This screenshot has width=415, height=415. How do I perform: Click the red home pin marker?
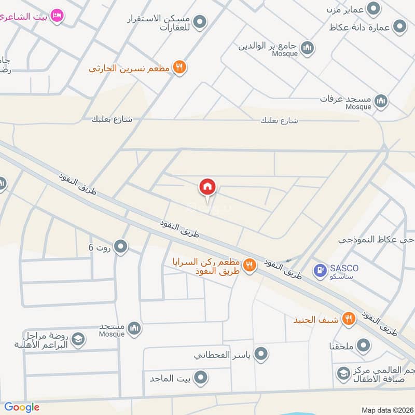click(x=208, y=187)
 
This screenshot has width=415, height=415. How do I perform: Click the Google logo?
click(x=22, y=407)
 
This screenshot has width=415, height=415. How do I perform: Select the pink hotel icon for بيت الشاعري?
click(x=58, y=16)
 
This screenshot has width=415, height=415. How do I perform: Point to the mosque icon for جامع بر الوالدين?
click(x=308, y=47)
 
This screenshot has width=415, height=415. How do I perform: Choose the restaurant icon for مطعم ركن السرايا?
click(x=250, y=265)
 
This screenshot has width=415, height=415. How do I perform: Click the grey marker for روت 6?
click(x=121, y=247)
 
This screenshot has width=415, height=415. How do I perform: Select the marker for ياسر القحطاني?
click(x=261, y=355)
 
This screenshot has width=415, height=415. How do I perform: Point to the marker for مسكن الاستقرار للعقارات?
click(x=200, y=22)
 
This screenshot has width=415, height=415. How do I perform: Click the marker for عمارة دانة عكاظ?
click(x=399, y=26)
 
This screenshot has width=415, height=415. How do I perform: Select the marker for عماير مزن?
click(x=372, y=8)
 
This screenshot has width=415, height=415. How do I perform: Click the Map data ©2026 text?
click(x=386, y=410)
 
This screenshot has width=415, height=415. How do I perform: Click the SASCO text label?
click(x=343, y=268)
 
